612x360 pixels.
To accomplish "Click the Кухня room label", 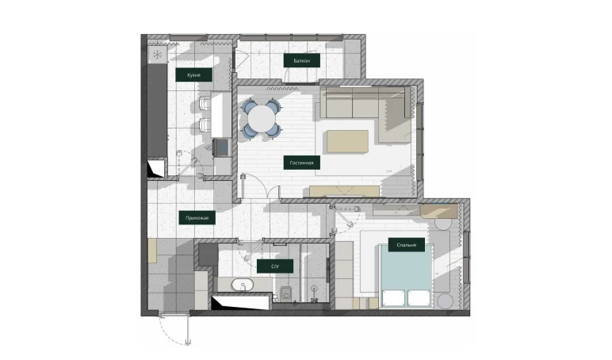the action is [193, 75].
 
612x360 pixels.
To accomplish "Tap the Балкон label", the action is [302, 60].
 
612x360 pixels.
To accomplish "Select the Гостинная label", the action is [302, 163].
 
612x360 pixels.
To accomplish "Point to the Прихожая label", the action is [197, 218].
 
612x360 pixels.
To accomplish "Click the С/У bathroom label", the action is [275, 266].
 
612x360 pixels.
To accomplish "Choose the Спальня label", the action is [407, 245].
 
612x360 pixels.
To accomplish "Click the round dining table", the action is [262, 118].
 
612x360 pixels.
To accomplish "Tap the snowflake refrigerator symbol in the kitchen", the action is [157, 54].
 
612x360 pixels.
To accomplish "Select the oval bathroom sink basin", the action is [243, 285].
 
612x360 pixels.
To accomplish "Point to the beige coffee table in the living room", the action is [347, 141].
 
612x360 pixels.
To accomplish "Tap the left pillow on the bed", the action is [393, 297].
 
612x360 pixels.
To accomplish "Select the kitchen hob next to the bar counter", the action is [222, 147].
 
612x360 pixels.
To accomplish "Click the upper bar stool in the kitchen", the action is [205, 103].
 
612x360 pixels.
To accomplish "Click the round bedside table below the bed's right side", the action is [444, 301].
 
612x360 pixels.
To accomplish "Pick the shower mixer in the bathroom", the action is [313, 293].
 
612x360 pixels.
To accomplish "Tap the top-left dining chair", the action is [250, 105].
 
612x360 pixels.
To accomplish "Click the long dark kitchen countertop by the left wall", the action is [157, 111].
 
